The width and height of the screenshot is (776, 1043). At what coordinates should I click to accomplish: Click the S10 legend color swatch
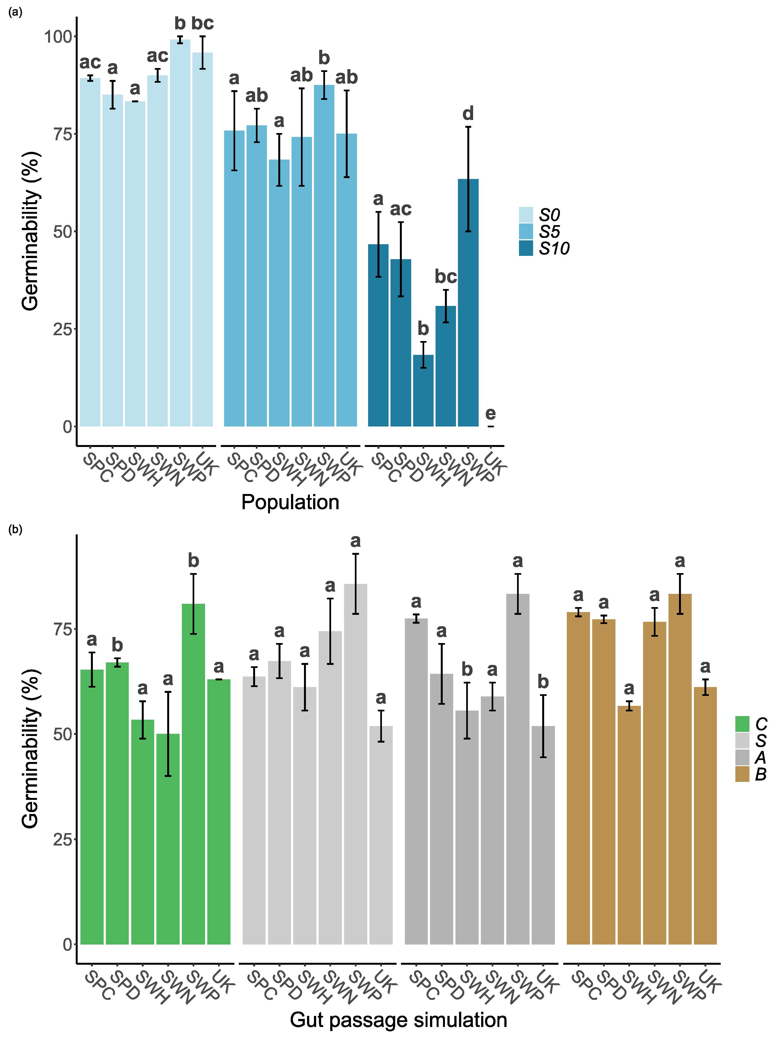pyautogui.click(x=526, y=248)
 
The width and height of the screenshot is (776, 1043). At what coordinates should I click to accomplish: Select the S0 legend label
pyautogui.click(x=549, y=215)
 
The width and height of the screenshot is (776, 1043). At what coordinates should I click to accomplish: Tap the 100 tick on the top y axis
pyautogui.click(x=57, y=37)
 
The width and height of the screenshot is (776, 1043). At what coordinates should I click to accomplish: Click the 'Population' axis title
pyautogui.click(x=290, y=502)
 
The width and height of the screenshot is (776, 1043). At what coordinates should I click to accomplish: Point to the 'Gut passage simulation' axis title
pyautogui.click(x=398, y=1020)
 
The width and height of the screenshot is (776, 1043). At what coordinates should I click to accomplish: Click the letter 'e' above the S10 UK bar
pyautogui.click(x=491, y=413)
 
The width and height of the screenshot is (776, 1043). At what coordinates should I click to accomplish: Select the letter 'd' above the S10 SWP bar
pyautogui.click(x=468, y=113)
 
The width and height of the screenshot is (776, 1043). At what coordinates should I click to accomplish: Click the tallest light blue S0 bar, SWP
pyautogui.click(x=180, y=235)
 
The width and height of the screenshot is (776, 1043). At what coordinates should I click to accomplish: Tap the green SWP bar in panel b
pyautogui.click(x=193, y=776)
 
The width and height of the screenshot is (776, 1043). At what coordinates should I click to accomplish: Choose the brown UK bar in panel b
pyautogui.click(x=705, y=818)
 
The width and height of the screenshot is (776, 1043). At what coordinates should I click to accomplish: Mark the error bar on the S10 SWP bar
pyautogui.click(x=468, y=179)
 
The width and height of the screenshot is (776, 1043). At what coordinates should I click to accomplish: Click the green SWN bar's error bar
pyautogui.click(x=168, y=734)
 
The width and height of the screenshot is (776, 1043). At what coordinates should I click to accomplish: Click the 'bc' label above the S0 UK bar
pyautogui.click(x=203, y=23)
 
